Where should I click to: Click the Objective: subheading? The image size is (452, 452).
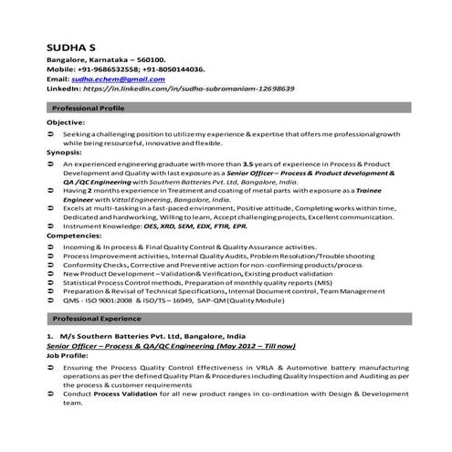(66, 121)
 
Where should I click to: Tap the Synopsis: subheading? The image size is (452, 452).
(65, 152)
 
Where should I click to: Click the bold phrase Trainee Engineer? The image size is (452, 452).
(381, 189)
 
